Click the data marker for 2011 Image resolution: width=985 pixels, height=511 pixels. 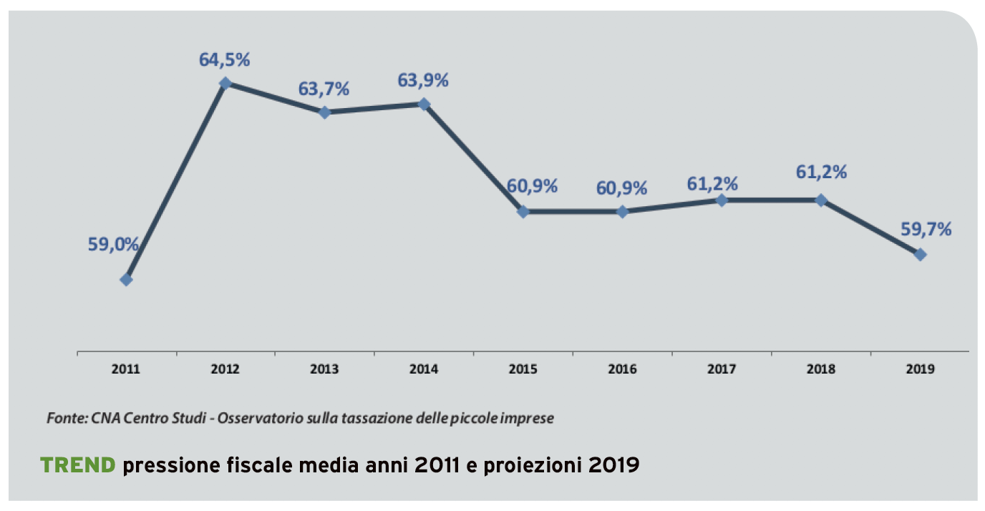click(x=126, y=280)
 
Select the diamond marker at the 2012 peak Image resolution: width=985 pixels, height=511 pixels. click(x=225, y=83)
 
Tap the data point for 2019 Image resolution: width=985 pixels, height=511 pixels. click(x=921, y=254)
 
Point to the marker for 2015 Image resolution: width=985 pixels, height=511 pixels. click(x=523, y=212)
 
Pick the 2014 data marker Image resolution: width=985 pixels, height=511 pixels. click(x=424, y=104)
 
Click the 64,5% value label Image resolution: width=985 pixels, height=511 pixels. click(x=225, y=59)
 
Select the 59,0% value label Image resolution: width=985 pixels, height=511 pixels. click(x=113, y=244)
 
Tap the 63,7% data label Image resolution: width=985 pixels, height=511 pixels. click(x=324, y=89)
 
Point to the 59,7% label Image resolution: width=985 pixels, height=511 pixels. click(x=926, y=230)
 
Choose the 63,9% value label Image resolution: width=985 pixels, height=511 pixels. click(x=423, y=80)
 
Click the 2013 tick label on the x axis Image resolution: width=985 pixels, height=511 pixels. click(x=324, y=370)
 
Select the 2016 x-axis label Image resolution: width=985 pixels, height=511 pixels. click(x=622, y=370)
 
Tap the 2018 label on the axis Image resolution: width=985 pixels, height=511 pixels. click(x=821, y=370)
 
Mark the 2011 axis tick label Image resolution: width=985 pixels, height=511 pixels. click(x=126, y=370)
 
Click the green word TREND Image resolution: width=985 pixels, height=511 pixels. click(x=78, y=466)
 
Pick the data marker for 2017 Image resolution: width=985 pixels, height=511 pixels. click(x=722, y=200)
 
